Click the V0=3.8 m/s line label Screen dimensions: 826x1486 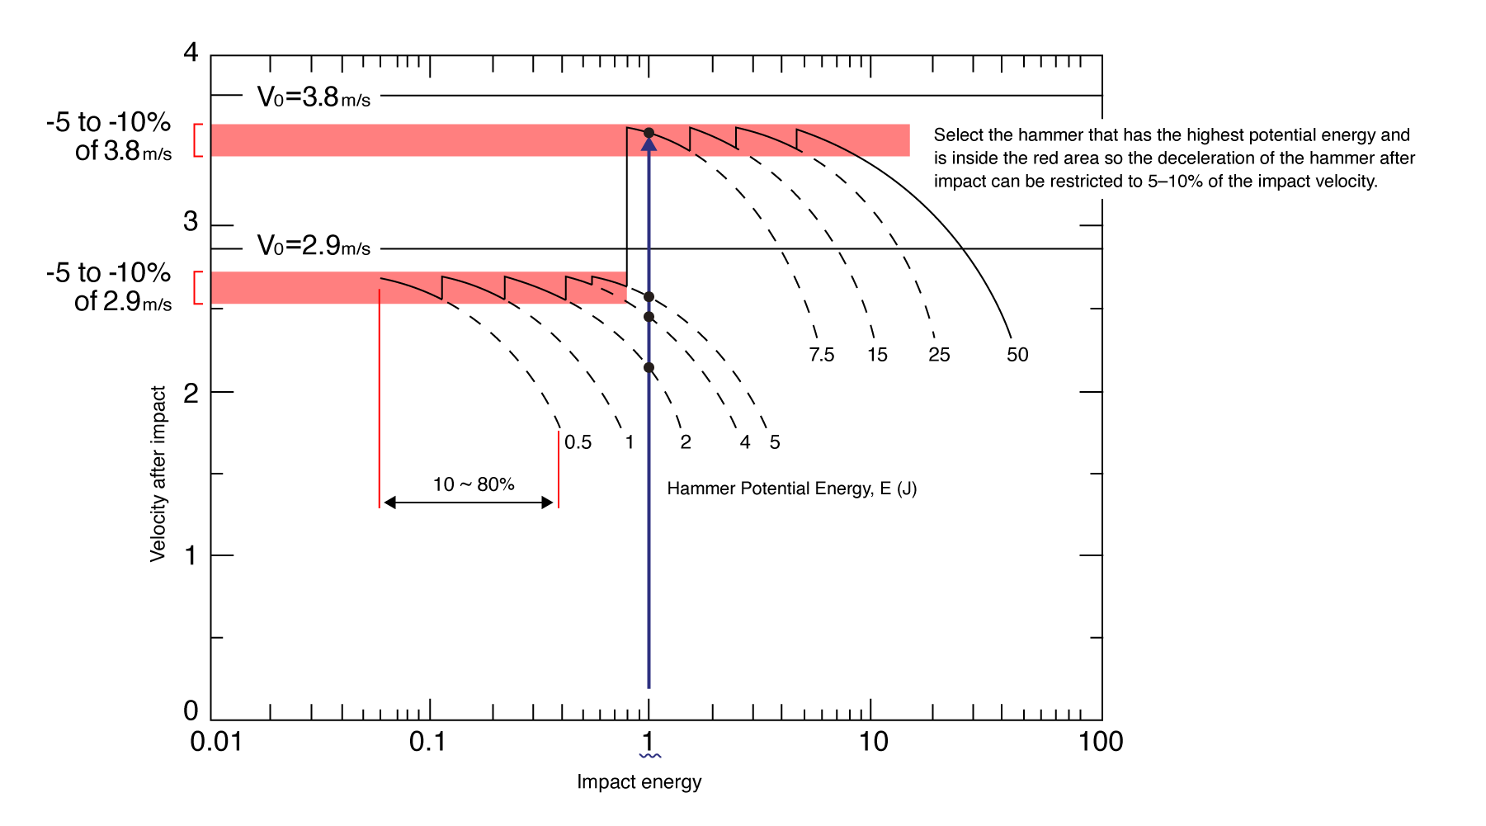tap(314, 97)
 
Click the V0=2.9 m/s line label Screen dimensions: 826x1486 tap(314, 246)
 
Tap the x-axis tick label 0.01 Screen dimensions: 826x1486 tap(216, 742)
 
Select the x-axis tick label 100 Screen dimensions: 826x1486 tap(1101, 742)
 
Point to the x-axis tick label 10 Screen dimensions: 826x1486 tap(873, 742)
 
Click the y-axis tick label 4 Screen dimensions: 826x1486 tap(191, 53)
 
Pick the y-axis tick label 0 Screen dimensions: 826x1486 tap(191, 710)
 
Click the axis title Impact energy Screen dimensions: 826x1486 tap(639, 781)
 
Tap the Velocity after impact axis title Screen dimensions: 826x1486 tap(158, 474)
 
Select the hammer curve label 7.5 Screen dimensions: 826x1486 tap(822, 355)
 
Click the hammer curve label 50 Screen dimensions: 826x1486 tap(1017, 355)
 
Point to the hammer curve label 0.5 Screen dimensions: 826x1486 tap(578, 442)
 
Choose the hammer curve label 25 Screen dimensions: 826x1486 tap(939, 355)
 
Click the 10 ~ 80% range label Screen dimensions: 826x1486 tap(474, 484)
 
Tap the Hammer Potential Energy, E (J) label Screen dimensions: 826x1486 tap(791, 489)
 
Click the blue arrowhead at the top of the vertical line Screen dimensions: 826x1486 tap(649, 144)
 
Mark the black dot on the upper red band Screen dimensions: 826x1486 tap(649, 133)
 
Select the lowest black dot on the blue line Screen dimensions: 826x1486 tap(649, 367)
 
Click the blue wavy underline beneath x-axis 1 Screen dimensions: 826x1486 tap(650, 755)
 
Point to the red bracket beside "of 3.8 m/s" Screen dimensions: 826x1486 tap(197, 140)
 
